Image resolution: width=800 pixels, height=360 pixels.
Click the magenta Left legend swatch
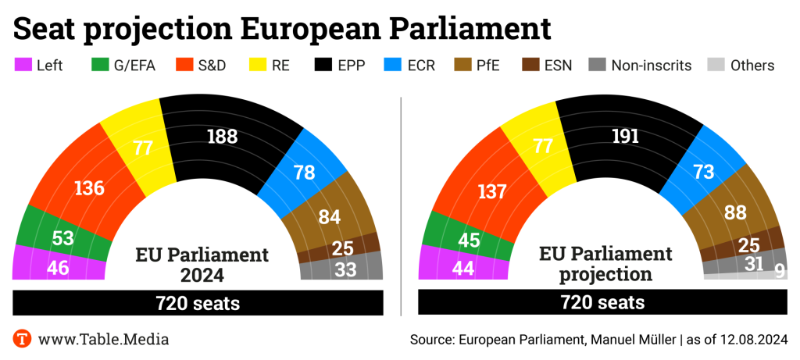(23, 65)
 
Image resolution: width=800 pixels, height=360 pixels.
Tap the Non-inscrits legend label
(651, 66)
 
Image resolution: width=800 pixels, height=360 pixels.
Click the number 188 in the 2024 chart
(223, 136)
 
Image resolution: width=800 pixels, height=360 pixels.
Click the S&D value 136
(89, 188)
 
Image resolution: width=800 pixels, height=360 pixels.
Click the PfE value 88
(734, 212)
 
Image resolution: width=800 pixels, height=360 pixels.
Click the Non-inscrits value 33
(345, 269)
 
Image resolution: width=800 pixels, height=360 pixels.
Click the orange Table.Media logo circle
(23, 339)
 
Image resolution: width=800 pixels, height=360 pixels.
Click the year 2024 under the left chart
(202, 275)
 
